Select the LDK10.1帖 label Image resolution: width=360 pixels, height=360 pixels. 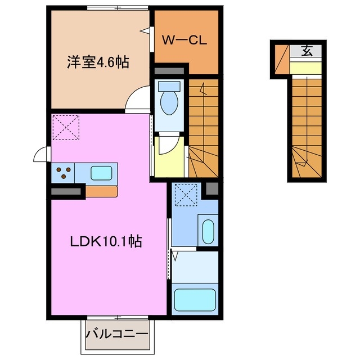pos(105,242)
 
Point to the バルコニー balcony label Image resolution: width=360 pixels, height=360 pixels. pos(118,334)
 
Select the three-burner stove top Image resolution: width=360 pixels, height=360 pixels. pos(64,173)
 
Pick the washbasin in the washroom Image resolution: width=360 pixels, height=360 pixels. pos(207,231)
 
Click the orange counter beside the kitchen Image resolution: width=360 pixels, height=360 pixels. pos(101,191)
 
